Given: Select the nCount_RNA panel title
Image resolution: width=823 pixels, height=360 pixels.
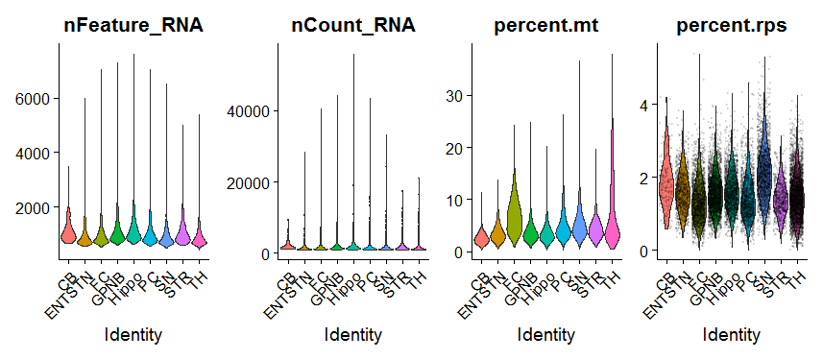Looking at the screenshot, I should pyautogui.click(x=353, y=26).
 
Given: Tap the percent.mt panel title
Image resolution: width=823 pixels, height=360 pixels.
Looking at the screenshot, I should pyautogui.click(x=545, y=26).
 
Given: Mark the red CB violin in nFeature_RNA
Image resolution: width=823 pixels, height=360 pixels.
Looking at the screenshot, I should pyautogui.click(x=67, y=230).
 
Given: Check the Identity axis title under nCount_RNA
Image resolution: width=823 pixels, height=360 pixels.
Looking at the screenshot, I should pyautogui.click(x=353, y=335).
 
